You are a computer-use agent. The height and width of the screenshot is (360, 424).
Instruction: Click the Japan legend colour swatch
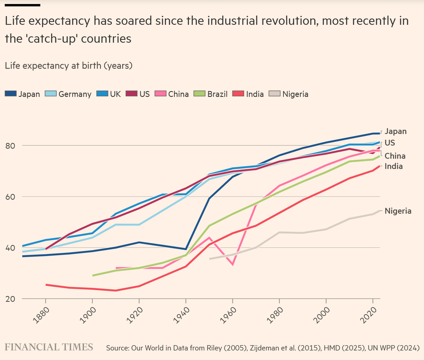point(11,94)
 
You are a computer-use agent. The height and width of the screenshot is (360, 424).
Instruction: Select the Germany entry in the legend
point(75,94)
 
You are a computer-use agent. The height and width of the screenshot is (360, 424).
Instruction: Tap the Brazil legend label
point(217,94)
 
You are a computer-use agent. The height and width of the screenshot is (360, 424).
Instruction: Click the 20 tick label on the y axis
point(11,299)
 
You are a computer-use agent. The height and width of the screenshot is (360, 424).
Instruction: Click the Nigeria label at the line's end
point(398,211)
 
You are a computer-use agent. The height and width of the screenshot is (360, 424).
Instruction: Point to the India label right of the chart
point(394,166)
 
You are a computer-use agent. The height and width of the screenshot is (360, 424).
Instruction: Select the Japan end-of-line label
point(396,131)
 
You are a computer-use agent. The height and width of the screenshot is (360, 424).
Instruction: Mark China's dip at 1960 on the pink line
point(233,264)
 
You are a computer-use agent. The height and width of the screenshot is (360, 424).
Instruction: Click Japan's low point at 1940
point(186,249)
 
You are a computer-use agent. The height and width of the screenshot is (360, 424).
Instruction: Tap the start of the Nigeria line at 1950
point(210,259)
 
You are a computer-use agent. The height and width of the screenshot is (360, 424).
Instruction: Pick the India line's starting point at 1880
point(46,285)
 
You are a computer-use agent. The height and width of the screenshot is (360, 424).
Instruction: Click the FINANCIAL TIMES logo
point(49,347)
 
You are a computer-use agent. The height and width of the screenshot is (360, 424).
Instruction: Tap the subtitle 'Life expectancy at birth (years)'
point(69,66)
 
